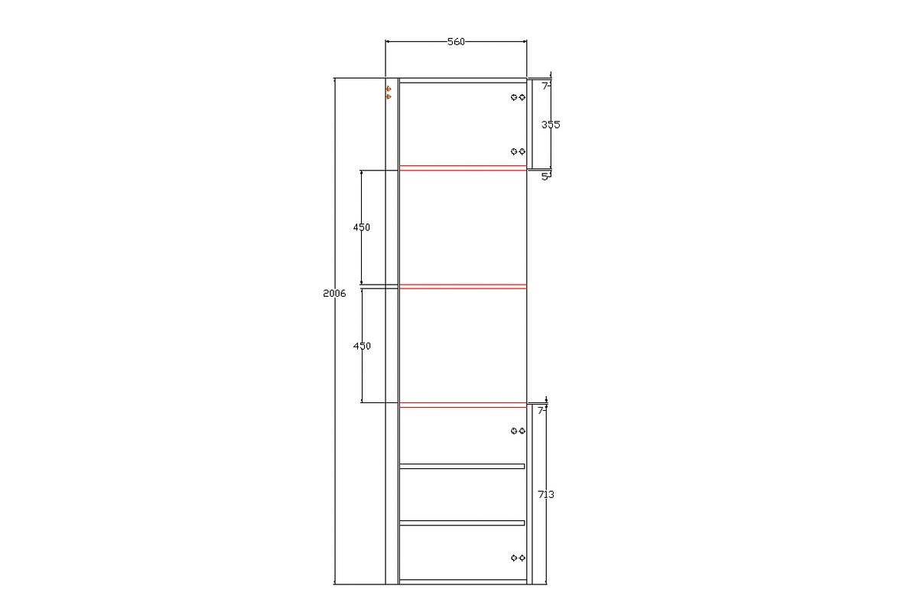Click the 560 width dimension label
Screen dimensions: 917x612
456,41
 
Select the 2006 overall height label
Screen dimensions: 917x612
334,294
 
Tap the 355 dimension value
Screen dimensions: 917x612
551,125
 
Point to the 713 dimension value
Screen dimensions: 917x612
545,495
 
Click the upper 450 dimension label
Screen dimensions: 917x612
362,227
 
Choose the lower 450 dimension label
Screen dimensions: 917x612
362,346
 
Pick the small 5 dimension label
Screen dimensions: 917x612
545,177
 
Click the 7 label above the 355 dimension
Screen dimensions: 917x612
545,86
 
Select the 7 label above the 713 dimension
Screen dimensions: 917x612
541,411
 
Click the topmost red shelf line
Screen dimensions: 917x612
463,168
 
